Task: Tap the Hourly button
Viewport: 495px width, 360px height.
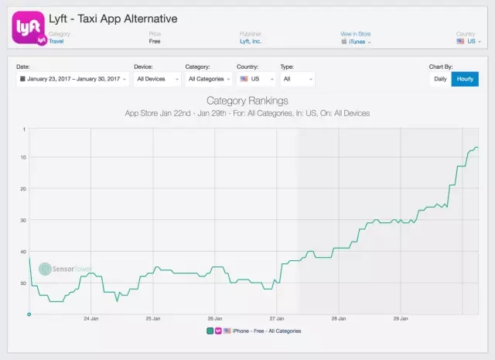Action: pyautogui.click(x=466, y=79)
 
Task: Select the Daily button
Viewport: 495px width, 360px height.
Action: pyautogui.click(x=440, y=79)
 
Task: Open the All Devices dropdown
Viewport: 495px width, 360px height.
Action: pyautogui.click(x=157, y=79)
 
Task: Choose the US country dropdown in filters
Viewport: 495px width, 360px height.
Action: pyautogui.click(x=254, y=79)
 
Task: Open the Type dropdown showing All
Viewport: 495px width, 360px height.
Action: pyautogui.click(x=297, y=79)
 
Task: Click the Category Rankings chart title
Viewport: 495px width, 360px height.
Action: pyautogui.click(x=247, y=101)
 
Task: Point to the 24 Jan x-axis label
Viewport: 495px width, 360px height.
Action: pyautogui.click(x=90, y=318)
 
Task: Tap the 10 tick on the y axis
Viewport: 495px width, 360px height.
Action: pyautogui.click(x=24, y=157)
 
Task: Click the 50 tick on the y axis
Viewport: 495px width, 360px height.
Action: pyautogui.click(x=24, y=283)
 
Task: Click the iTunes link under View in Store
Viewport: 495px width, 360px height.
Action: pyautogui.click(x=356, y=42)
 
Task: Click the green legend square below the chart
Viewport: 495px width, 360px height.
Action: pyautogui.click(x=210, y=331)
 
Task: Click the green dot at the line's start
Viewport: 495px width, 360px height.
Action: pyautogui.click(x=29, y=314)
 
